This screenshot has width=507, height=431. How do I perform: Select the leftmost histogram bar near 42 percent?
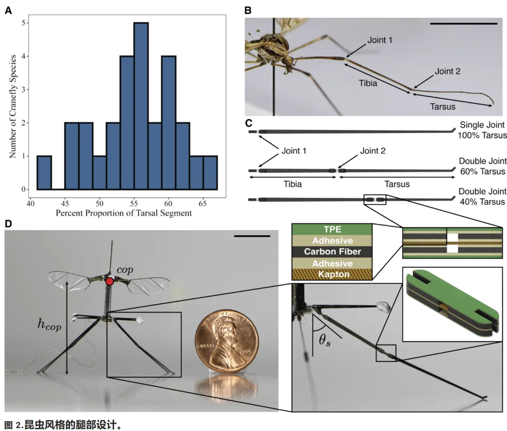pos(44,172)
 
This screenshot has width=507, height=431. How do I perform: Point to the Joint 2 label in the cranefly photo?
pos(447,71)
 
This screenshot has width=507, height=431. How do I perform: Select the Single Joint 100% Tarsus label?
pos(482,130)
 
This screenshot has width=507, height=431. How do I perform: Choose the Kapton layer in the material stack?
pos(332,274)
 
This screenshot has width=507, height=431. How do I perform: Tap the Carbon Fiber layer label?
pos(332,251)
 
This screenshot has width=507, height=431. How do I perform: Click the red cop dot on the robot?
pos(109,281)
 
